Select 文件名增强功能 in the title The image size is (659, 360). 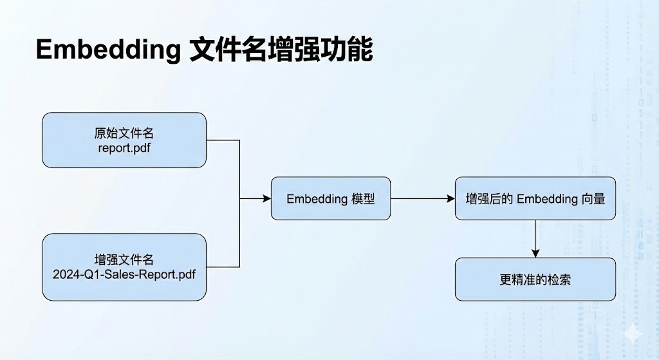[x=281, y=50]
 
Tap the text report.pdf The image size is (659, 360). [x=124, y=148]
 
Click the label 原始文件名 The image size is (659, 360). [x=124, y=133]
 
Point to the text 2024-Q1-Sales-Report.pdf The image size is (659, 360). [x=124, y=274]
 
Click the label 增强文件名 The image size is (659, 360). [x=124, y=260]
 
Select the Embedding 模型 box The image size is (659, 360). [x=330, y=198]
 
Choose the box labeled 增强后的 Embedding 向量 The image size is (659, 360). [x=535, y=198]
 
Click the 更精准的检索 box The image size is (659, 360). [x=535, y=279]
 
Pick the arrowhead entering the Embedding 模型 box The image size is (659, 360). [x=266, y=199]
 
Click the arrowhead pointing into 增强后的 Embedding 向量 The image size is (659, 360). [x=450, y=199]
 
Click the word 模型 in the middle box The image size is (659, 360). [x=363, y=198]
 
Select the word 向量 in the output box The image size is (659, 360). [x=595, y=198]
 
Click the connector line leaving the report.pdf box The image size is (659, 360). [x=223, y=140]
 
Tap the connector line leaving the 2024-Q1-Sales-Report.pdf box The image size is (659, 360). [x=223, y=267]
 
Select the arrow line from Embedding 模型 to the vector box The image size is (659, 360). [x=422, y=199]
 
